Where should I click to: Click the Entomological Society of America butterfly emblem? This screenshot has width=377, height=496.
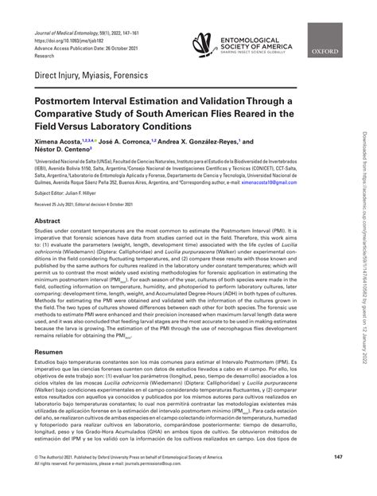(x=201, y=46)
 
